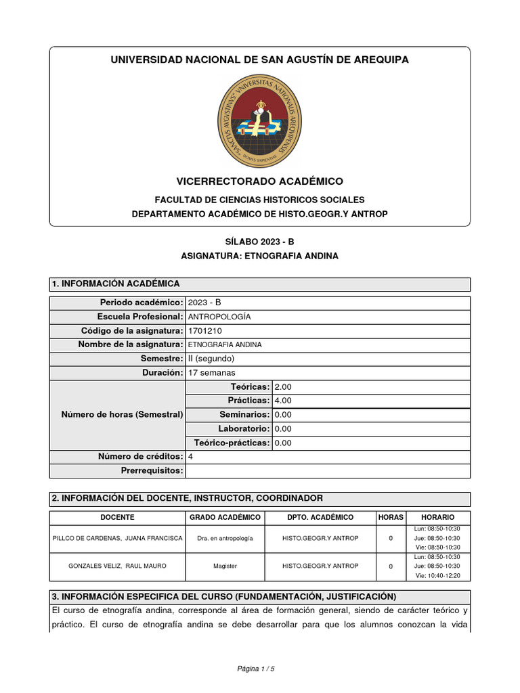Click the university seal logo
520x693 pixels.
coord(259,122)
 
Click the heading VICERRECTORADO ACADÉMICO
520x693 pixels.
coord(259,181)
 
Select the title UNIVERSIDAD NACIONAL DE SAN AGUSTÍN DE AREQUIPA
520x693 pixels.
coord(259,60)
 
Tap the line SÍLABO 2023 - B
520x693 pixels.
coord(259,242)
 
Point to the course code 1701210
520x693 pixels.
coord(204,331)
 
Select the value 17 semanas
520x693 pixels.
coord(212,373)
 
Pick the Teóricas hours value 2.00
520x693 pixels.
coord(282,387)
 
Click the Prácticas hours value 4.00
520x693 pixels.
coord(282,401)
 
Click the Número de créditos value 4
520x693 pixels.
coord(190,457)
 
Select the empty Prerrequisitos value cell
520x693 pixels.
coord(327,471)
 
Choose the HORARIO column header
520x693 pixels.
coord(437,518)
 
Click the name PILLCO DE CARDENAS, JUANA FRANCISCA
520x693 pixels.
coord(117,538)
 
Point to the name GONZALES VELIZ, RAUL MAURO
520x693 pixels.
coord(108,566)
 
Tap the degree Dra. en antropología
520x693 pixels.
coord(225,538)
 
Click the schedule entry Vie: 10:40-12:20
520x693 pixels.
coord(437,575)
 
